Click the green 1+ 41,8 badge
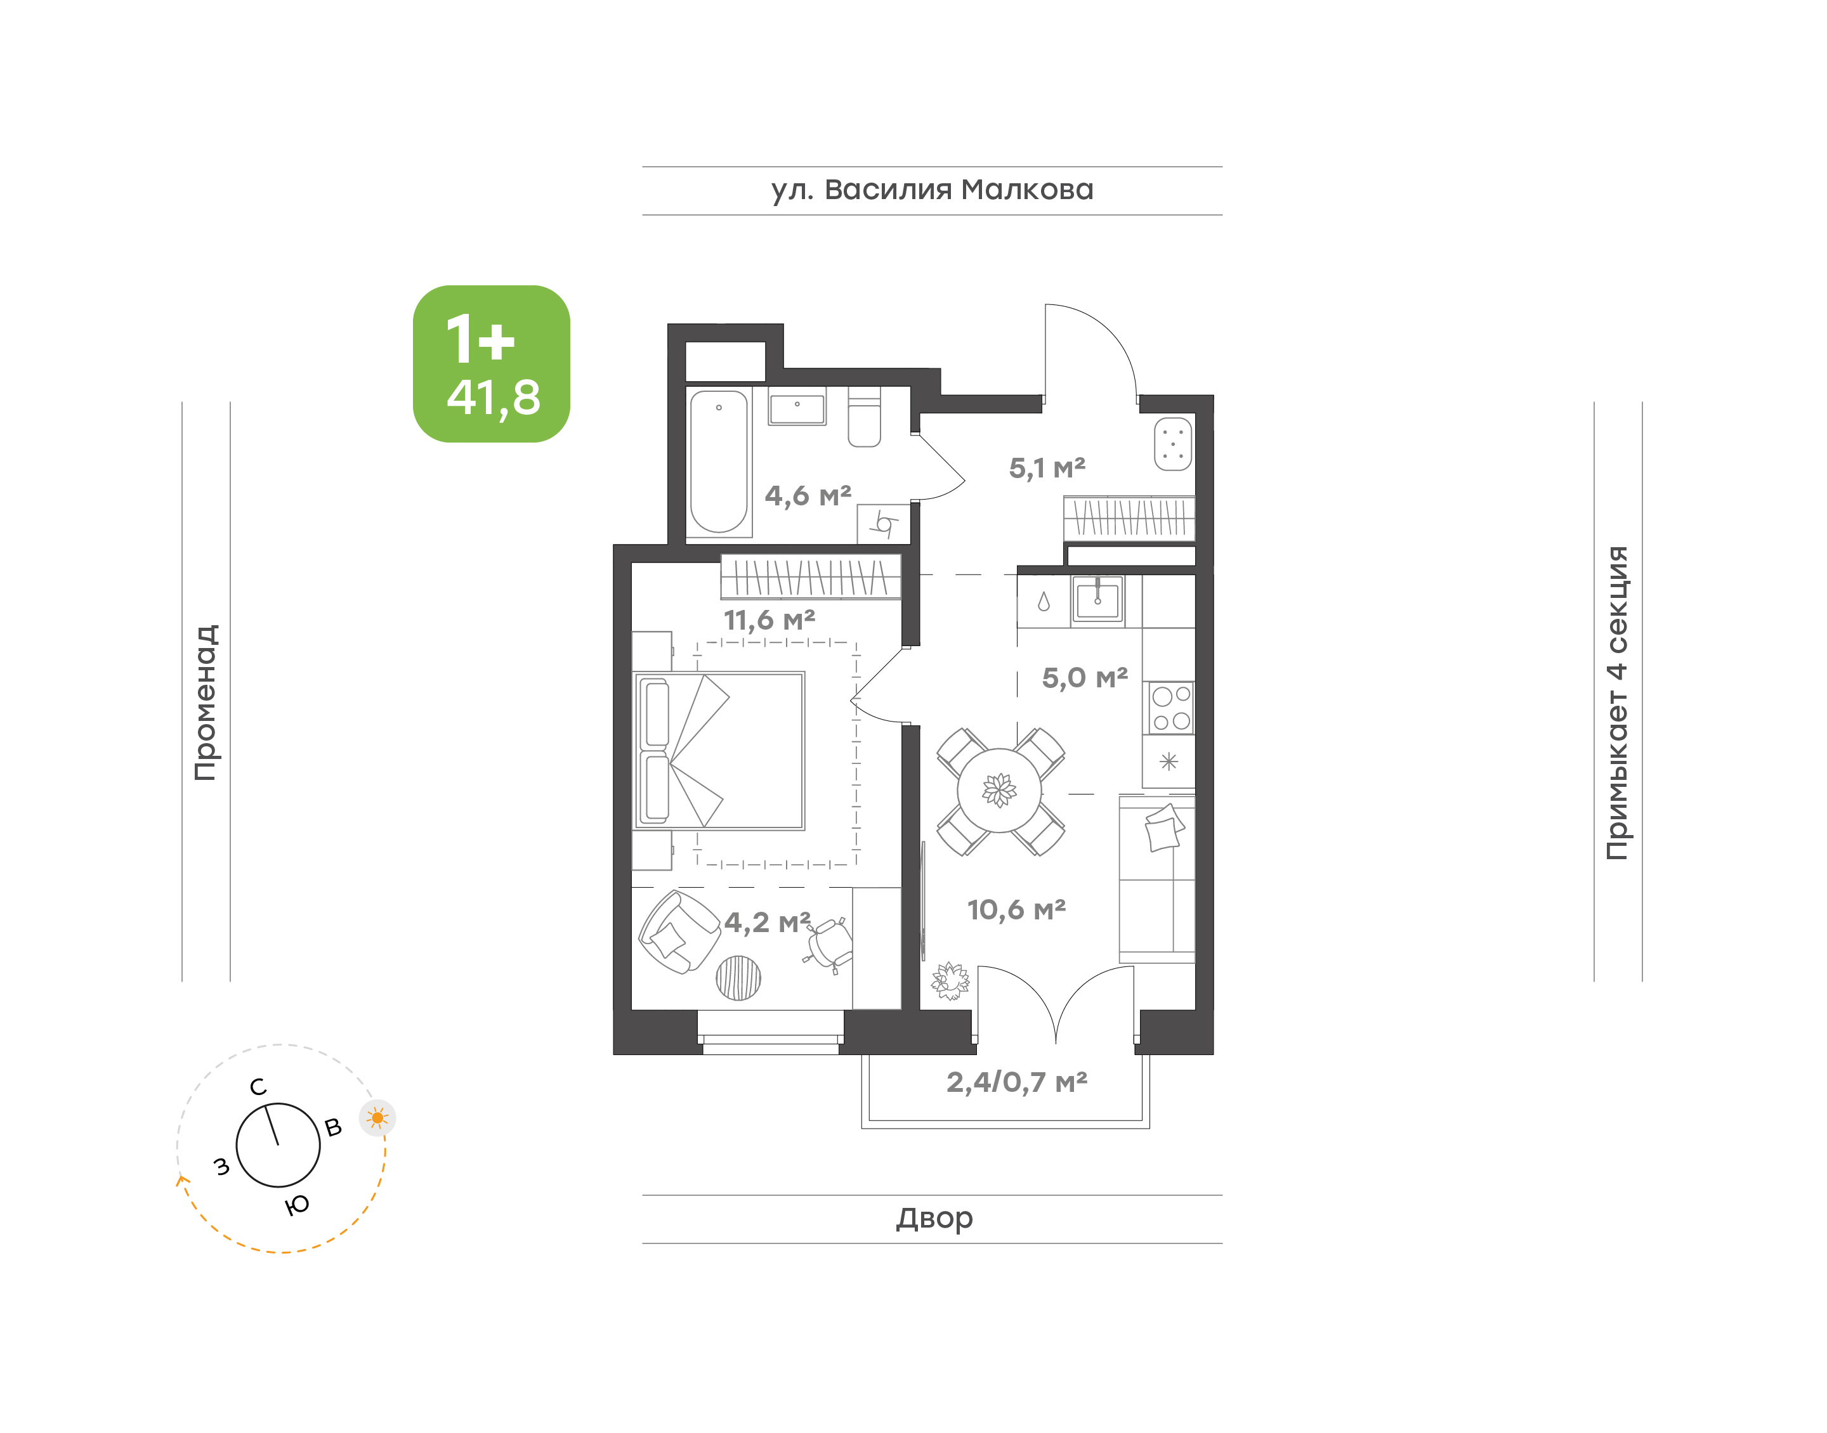tap(491, 363)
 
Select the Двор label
tap(934, 1218)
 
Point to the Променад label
tap(206, 703)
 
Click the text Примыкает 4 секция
tap(1616, 703)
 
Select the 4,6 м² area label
tap(808, 495)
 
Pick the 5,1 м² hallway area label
tap(1047, 467)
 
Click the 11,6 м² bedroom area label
tap(769, 620)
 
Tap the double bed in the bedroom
tap(719, 750)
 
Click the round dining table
tap(1000, 789)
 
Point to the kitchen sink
tap(1097, 599)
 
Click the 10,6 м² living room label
tap(1016, 909)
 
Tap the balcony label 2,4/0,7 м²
tap(1016, 1082)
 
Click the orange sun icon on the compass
tap(377, 1117)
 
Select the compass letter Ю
tap(297, 1205)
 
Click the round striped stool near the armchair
tap(738, 978)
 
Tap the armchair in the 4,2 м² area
tap(679, 932)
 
